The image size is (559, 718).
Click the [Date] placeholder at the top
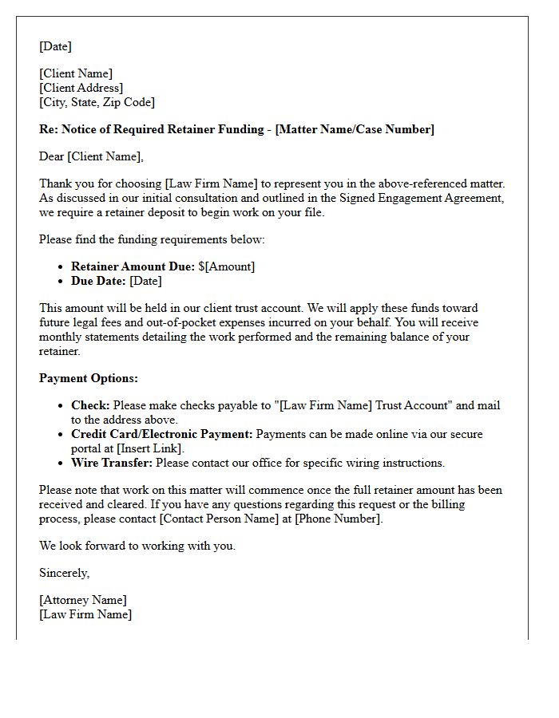point(55,46)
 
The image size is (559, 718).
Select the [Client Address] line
point(81,88)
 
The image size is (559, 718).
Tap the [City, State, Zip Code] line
point(97,102)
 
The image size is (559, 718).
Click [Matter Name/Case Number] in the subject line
point(355,129)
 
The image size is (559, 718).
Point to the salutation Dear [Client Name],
point(91,156)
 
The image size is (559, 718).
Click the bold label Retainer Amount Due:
point(133,266)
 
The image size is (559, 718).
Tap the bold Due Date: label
point(98,281)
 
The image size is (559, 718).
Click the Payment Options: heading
point(89,378)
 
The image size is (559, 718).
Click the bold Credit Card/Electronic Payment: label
point(162,434)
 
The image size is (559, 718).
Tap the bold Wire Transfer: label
point(113,463)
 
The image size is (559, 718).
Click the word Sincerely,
point(65,573)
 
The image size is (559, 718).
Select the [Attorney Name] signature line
point(83,600)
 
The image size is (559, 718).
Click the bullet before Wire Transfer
point(61,463)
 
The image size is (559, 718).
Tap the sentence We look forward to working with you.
point(137,546)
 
